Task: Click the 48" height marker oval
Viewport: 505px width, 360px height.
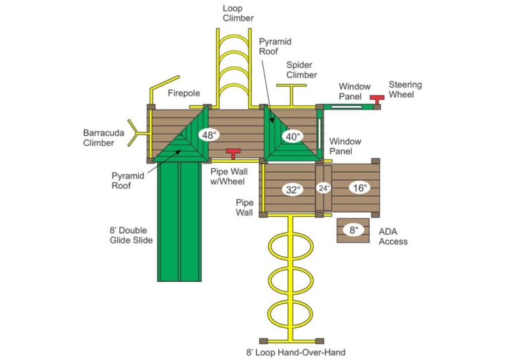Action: [209, 136]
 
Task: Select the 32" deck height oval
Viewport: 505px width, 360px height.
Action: [293, 190]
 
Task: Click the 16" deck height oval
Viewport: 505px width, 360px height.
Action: [359, 187]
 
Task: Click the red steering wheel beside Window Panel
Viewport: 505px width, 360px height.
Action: [377, 99]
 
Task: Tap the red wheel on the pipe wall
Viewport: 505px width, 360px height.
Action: [233, 153]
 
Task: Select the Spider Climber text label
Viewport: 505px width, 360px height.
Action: [299, 70]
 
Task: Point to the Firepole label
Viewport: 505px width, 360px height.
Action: [183, 93]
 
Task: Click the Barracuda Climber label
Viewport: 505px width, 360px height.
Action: [99, 137]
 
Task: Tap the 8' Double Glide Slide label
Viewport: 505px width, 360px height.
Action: [131, 235]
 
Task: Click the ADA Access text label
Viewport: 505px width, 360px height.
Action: [393, 236]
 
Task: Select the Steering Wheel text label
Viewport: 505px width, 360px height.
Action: [405, 89]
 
